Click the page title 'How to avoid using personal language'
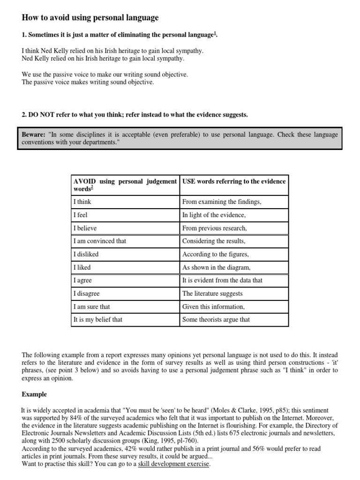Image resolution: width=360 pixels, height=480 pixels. [x=90, y=18]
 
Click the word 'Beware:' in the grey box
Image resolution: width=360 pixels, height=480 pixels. [x=33, y=135]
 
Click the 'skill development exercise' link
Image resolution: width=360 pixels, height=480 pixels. [x=174, y=464]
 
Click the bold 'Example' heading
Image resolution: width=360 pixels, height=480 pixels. [x=34, y=395]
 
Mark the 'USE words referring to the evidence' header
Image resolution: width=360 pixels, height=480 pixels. [x=234, y=181]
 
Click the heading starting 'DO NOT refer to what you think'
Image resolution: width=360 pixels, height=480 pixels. [x=135, y=115]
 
